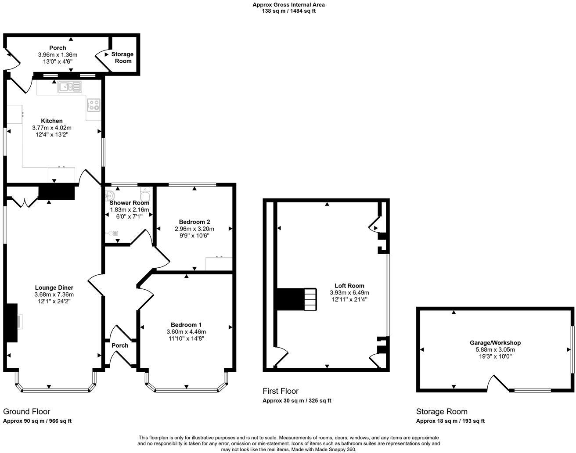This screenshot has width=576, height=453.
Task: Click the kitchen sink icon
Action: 70,87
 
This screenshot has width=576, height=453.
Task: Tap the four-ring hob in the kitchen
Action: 94,104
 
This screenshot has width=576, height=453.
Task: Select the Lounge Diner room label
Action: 54,288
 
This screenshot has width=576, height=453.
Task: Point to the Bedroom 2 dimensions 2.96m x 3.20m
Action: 194,229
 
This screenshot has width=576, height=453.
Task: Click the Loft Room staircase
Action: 310,299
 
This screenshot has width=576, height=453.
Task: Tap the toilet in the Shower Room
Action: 144,193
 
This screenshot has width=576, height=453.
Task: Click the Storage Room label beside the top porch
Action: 122,58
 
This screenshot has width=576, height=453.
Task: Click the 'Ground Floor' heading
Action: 26,411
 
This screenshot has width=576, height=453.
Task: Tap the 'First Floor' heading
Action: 281,391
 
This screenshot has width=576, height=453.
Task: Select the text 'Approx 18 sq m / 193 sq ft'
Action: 450,421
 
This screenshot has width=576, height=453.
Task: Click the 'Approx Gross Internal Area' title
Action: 288,5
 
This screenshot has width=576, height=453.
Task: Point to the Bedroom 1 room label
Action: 186,325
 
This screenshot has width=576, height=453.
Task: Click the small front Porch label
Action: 120,345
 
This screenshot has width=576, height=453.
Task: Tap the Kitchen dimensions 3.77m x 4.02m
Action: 52,128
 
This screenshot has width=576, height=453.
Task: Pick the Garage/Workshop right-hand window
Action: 572,349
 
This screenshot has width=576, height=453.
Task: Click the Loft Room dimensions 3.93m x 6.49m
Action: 349,292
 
